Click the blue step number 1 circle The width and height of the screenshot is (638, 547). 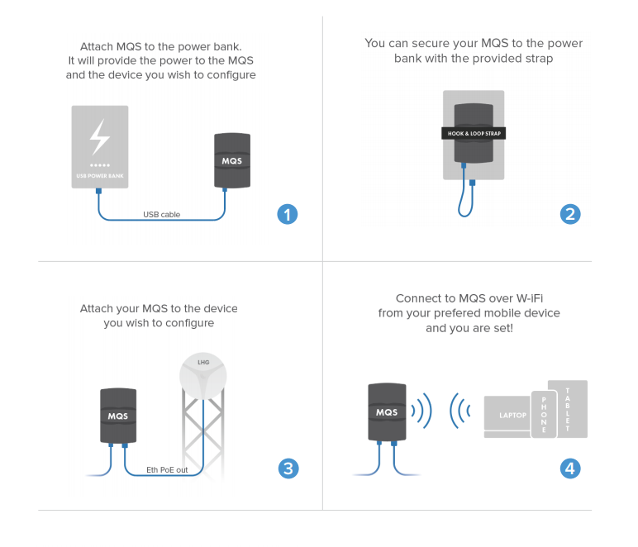tap(287, 215)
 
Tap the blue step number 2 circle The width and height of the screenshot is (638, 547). tap(570, 215)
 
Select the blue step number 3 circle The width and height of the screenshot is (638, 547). tap(287, 469)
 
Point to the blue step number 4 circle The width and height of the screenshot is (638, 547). tap(570, 469)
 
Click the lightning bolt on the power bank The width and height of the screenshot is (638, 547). tap(100, 137)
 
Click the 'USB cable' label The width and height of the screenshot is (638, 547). tap(161, 215)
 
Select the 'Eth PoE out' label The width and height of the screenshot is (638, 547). tap(167, 469)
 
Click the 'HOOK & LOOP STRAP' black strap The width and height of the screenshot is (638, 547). tap(474, 133)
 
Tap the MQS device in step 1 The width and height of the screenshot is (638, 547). tap(232, 160)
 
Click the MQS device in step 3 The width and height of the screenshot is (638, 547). tap(118, 415)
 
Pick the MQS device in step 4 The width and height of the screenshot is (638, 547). tap(387, 411)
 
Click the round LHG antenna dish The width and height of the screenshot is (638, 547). tap(204, 377)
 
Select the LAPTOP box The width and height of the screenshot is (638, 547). tap(508, 415)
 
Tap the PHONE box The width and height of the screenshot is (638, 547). tap(544, 414)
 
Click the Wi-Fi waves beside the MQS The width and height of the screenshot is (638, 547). tap(422, 411)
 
